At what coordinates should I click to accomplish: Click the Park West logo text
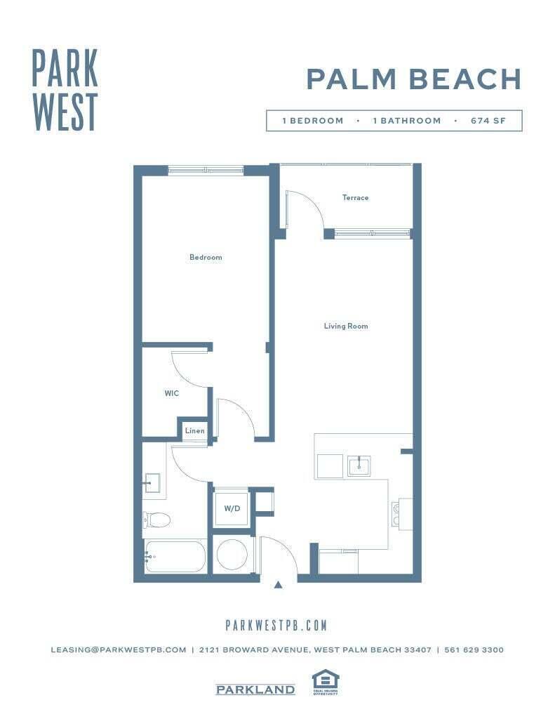[x=65, y=89]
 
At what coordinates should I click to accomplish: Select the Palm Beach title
[x=414, y=79]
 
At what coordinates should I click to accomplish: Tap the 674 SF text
[x=488, y=121]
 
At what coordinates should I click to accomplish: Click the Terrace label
[x=355, y=198]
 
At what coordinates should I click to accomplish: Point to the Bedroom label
[x=206, y=258]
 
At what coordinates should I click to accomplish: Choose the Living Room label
[x=345, y=326]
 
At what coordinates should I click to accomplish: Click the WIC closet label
[x=172, y=394]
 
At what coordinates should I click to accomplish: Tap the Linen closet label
[x=194, y=431]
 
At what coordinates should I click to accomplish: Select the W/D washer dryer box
[x=232, y=508]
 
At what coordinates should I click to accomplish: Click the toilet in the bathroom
[x=157, y=520]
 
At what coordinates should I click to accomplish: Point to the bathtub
[x=175, y=557]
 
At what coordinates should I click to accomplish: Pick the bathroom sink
[x=152, y=484]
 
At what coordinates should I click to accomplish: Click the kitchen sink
[x=359, y=466]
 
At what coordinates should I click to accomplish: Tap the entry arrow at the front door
[x=279, y=584]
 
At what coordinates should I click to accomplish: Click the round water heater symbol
[x=232, y=554]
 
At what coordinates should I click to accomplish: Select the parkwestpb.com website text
[x=276, y=625]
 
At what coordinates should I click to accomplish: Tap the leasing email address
[x=118, y=650]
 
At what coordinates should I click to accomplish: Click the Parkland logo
[x=255, y=690]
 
